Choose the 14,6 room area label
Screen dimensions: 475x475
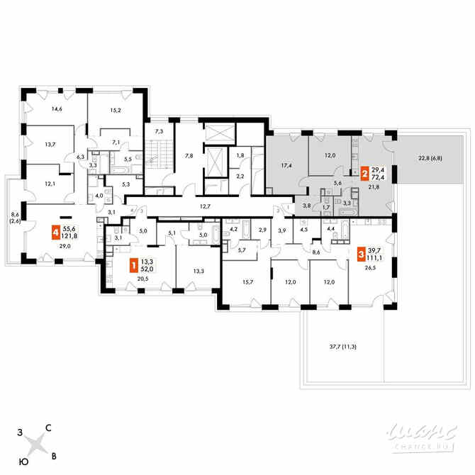point(57,109)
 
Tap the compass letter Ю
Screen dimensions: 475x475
point(23,462)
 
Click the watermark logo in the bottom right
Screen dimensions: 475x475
point(423,433)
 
